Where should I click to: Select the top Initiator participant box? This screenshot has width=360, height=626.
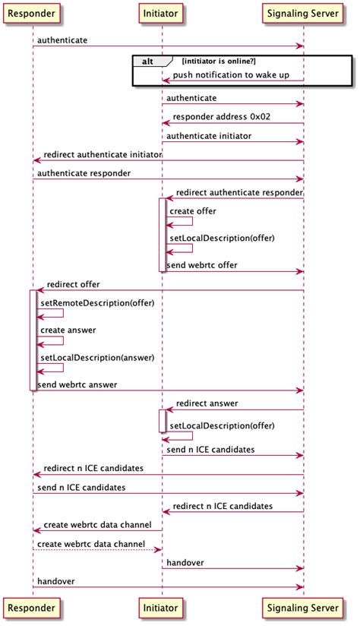[x=161, y=13]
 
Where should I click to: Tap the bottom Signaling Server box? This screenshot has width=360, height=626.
[x=303, y=608]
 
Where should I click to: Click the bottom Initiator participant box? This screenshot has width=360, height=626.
[x=161, y=608]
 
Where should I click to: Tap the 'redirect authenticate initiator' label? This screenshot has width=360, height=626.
[x=103, y=154]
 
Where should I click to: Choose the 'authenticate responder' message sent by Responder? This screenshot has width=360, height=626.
[x=84, y=173]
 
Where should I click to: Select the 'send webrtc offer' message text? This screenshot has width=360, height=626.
[x=202, y=265]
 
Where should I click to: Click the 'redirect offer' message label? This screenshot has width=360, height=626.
[x=73, y=284]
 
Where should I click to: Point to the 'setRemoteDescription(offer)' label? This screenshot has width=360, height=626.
[x=97, y=303]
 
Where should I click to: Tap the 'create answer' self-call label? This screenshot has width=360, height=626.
[x=68, y=330]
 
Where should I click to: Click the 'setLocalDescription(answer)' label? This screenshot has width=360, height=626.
[x=97, y=358]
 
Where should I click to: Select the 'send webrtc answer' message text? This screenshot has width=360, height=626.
[x=77, y=384]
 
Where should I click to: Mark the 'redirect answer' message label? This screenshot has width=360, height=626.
[x=207, y=403]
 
